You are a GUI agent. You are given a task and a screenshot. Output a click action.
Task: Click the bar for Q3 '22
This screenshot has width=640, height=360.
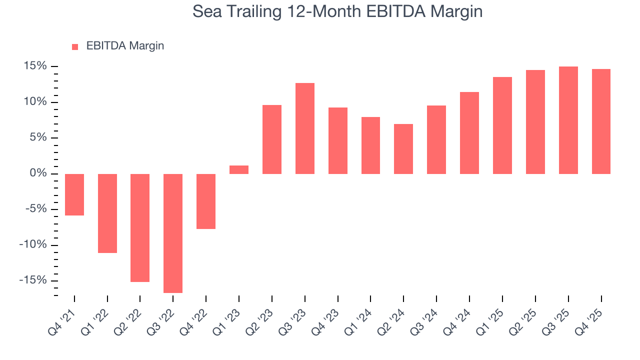click(x=173, y=233)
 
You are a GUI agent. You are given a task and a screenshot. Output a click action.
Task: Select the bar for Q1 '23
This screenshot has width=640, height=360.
click(x=239, y=169)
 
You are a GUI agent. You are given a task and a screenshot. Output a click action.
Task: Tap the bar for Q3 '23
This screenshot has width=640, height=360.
click(x=305, y=128)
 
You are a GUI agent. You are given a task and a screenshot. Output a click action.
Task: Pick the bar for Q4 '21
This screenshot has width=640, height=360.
click(x=74, y=194)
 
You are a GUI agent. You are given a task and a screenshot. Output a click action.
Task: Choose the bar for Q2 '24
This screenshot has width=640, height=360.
click(x=403, y=149)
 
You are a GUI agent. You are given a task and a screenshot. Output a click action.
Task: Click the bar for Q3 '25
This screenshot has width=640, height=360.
click(x=568, y=120)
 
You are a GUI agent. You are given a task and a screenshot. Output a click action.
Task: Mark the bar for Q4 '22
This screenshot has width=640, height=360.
click(x=206, y=201)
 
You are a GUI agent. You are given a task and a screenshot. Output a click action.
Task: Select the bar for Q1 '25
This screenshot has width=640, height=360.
click(x=502, y=125)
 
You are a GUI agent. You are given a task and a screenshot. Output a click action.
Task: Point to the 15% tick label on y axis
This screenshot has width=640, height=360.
click(x=34, y=66)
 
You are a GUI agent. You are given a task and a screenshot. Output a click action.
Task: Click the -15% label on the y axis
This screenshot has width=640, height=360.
click(x=33, y=280)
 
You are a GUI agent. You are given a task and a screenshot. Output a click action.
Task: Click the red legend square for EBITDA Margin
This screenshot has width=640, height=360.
click(x=75, y=46)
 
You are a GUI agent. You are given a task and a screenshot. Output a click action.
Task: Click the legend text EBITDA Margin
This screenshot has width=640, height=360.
click(x=125, y=46)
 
